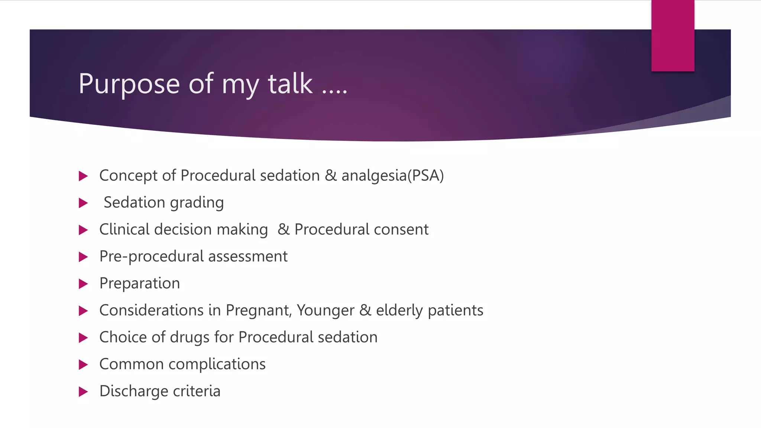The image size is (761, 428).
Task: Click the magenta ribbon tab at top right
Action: tap(673, 36)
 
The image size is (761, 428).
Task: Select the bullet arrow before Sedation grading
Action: tap(83, 203)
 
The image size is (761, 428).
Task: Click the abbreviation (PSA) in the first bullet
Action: tap(426, 176)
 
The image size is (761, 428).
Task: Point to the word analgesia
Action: tap(374, 176)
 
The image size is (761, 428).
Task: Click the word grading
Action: tap(197, 203)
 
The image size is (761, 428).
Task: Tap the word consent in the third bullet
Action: tap(401, 230)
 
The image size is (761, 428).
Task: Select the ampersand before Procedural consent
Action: tap(284, 230)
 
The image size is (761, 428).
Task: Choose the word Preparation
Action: tap(140, 283)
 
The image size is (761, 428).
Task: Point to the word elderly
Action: tap(399, 311)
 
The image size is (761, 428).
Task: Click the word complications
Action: tap(217, 364)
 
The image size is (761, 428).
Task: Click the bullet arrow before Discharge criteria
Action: tap(83, 392)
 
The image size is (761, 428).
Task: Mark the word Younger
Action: tap(326, 311)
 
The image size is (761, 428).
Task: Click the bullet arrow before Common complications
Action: tap(83, 364)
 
